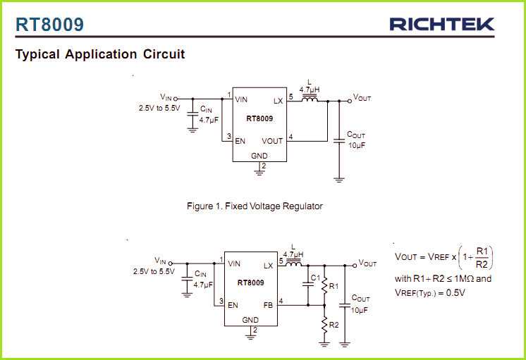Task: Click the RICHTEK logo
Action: (441, 25)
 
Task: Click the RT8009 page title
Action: (49, 25)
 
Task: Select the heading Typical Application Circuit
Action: (100, 54)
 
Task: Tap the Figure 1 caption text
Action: (254, 206)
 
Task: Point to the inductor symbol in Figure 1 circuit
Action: (310, 100)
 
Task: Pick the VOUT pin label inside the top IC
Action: (271, 140)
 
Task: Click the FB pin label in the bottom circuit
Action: (268, 305)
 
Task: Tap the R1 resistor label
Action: (334, 286)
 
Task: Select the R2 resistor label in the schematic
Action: (334, 325)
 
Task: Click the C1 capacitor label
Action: (315, 278)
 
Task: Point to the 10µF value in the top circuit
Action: (357, 145)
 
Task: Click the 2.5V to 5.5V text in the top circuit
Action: (159, 108)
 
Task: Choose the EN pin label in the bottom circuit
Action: (233, 305)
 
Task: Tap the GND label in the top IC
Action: (259, 155)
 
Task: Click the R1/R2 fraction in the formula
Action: (482, 258)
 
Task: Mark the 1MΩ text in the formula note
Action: (464, 278)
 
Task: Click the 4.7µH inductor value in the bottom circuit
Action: (293, 254)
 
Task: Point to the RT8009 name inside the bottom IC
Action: (250, 283)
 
